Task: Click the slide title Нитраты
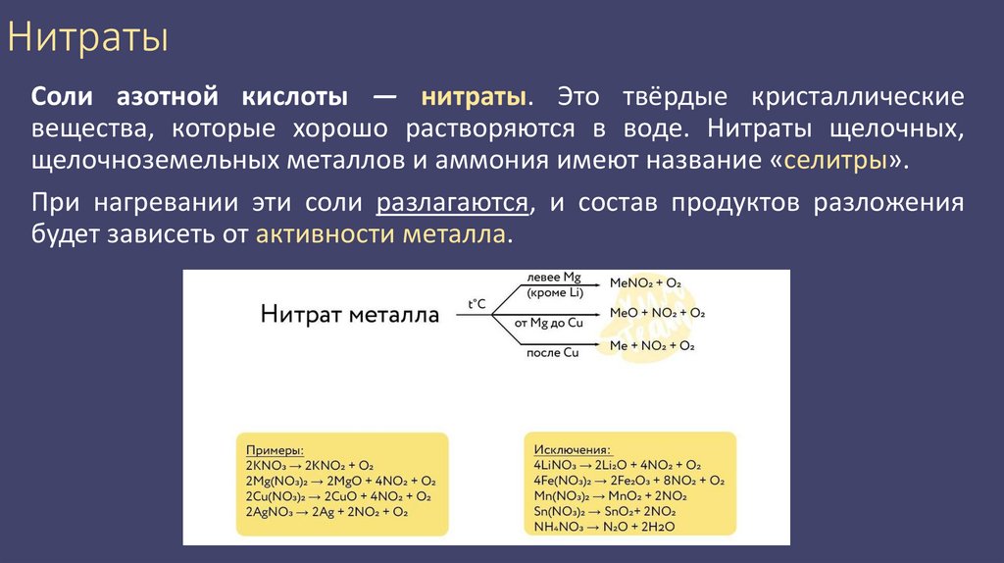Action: [88, 39]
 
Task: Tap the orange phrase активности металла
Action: [382, 235]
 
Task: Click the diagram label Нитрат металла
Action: [350, 314]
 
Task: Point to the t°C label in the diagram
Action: [477, 304]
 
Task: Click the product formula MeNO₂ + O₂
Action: [645, 282]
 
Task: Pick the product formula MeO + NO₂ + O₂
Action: [657, 313]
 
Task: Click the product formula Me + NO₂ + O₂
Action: [652, 345]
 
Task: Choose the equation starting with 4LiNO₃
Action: [617, 465]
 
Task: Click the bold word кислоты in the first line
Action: [290, 97]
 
